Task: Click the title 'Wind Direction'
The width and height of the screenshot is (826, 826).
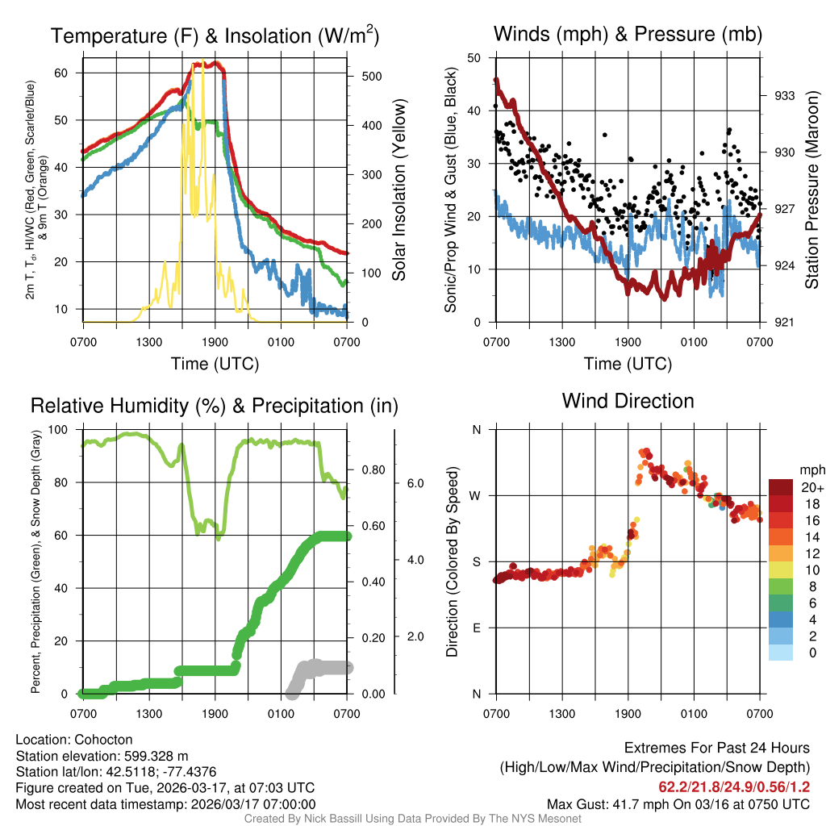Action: (x=628, y=401)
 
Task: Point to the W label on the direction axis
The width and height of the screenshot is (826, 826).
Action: (x=477, y=495)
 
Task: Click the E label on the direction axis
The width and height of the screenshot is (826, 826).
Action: (x=477, y=628)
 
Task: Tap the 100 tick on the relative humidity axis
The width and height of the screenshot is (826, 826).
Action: (x=68, y=429)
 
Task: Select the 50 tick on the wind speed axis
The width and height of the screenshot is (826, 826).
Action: (x=475, y=58)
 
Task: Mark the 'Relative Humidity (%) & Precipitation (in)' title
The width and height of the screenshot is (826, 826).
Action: (x=214, y=406)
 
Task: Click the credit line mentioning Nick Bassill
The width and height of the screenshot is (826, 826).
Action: (x=412, y=819)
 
